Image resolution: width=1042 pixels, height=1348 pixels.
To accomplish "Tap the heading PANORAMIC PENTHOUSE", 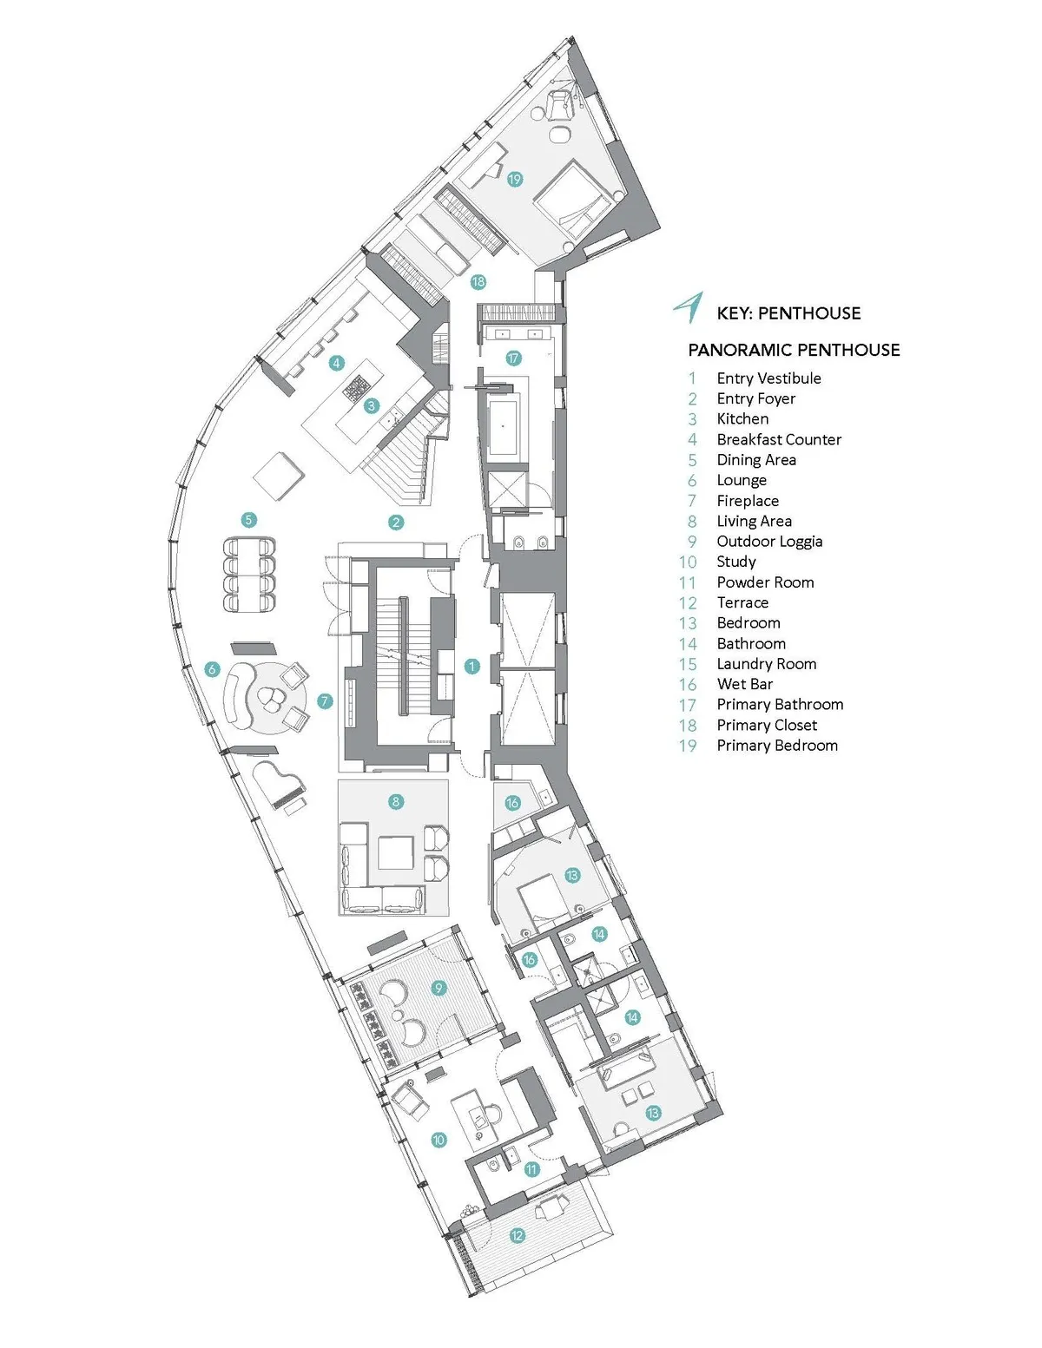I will [794, 350].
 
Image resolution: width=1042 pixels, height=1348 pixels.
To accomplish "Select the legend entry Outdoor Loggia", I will [769, 542].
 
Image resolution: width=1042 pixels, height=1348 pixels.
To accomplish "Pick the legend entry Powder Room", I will [765, 582].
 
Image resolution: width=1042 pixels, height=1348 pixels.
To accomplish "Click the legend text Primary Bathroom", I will [780, 705].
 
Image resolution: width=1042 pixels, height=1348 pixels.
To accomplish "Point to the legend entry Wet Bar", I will [744, 684].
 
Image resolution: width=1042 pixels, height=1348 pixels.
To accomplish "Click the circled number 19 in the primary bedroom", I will [515, 180].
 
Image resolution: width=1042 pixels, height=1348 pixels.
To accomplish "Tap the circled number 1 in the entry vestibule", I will [472, 667].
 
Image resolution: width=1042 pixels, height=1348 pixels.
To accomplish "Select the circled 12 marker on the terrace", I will [518, 1235].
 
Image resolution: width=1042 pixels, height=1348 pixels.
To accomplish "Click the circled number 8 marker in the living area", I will [396, 802].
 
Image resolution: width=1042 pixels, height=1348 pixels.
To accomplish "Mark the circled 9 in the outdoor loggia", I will [439, 988].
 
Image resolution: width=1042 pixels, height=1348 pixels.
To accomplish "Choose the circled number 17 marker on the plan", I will [513, 358].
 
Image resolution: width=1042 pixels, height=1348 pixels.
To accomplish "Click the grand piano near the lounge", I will [282, 786].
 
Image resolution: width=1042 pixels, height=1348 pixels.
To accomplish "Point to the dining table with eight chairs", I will [250, 576].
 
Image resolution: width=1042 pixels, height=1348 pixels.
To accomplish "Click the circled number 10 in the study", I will [439, 1140].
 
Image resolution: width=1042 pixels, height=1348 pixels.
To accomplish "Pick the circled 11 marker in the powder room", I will [531, 1169].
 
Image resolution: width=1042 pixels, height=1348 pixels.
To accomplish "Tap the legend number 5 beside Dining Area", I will [692, 460].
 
